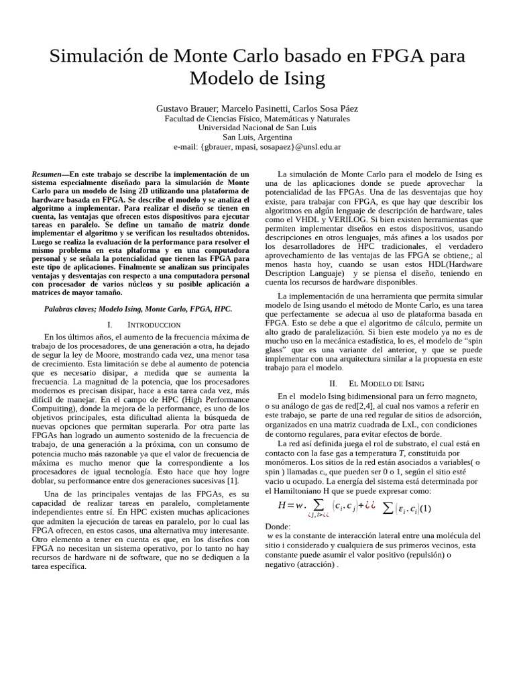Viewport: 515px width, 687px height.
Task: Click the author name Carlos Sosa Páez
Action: (329, 109)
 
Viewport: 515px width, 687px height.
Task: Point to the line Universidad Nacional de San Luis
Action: (257, 127)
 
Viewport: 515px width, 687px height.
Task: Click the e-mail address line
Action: (257, 146)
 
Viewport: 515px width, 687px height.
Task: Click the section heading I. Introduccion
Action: (144, 324)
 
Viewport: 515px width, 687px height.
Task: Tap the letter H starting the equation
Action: (282, 507)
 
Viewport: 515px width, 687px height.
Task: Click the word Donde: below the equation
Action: (278, 527)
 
